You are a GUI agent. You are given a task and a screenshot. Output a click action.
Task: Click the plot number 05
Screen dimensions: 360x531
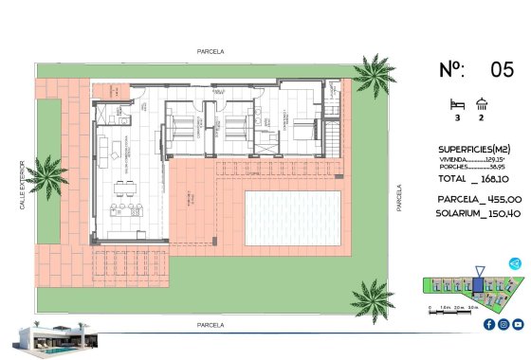(502, 69)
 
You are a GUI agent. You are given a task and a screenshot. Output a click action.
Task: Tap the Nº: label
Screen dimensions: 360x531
(452, 69)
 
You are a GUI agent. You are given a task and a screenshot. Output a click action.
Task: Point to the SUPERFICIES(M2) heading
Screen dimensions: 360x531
(477, 150)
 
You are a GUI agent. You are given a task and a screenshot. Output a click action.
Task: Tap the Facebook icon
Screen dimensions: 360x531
(489, 325)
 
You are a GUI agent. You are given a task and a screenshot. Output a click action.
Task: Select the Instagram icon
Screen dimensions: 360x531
(504, 325)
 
